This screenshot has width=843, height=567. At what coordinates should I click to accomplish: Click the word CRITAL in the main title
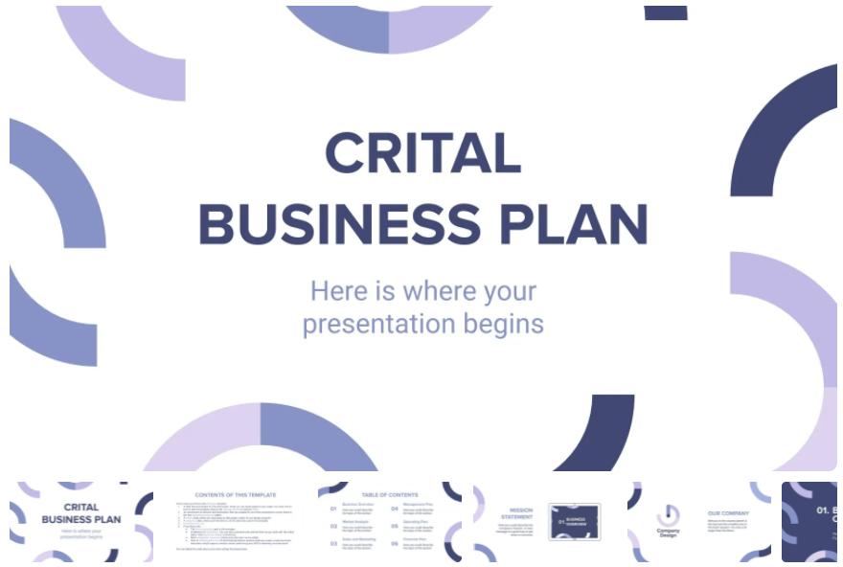tap(422, 152)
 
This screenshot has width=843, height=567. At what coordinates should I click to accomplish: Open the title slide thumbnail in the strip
tap(81, 522)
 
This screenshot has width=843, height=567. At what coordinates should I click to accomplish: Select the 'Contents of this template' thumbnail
tap(237, 522)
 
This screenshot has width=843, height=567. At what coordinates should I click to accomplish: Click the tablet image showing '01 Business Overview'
tap(575, 522)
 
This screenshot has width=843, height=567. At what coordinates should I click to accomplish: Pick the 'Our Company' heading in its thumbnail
tap(728, 513)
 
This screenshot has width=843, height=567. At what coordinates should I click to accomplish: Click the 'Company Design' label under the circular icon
tap(669, 533)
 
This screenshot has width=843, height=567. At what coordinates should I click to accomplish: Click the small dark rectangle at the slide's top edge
tap(666, 12)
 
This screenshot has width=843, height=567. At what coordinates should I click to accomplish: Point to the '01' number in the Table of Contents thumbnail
tap(333, 509)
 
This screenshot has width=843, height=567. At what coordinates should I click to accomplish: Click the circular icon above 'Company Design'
tap(669, 514)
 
